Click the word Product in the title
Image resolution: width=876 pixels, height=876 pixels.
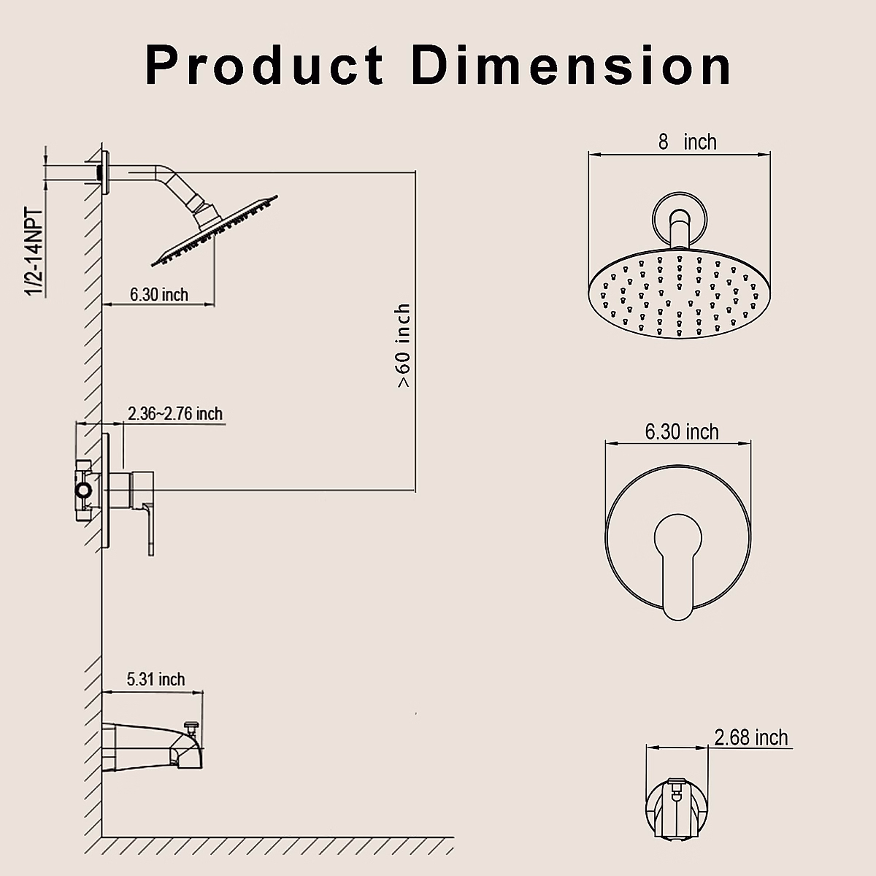pos(264,65)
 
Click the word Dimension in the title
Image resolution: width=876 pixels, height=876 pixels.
pos(572,65)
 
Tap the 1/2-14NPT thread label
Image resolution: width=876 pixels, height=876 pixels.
pos(34,253)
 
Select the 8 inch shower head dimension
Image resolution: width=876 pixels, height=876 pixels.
pos(687,142)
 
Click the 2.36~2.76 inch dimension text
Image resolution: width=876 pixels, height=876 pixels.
pos(175,414)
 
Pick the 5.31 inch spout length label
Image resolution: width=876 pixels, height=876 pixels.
pos(156,679)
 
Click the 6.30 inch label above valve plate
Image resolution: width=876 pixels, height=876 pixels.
pos(682,431)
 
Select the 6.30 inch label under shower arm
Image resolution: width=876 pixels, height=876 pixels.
pos(159,295)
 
